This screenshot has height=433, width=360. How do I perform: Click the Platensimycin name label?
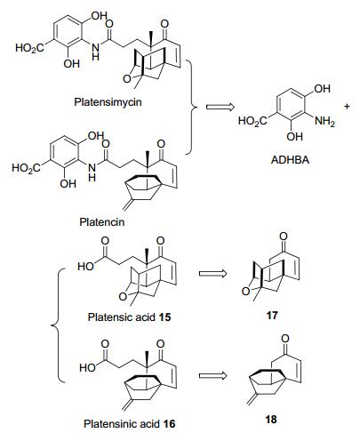[x=108, y=102]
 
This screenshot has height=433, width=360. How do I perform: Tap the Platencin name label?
[x=102, y=221]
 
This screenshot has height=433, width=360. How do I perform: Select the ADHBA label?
[x=290, y=160]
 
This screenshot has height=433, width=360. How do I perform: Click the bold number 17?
[x=272, y=315]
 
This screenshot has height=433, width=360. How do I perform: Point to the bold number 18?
[x=271, y=419]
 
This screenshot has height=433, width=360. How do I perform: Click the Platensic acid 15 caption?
[x=130, y=317]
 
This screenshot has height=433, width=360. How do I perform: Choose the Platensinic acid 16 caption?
[x=130, y=423]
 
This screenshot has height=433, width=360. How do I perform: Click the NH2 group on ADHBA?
[x=324, y=121]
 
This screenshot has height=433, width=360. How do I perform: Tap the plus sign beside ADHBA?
[x=347, y=106]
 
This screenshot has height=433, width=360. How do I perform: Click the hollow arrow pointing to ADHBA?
[x=220, y=107]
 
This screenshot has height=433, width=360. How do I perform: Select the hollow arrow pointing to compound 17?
[x=212, y=273]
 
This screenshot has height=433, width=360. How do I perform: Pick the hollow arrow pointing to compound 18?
[x=212, y=376]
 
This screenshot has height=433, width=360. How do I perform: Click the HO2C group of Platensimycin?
[x=29, y=48]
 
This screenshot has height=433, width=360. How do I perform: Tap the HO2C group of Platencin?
[x=26, y=168]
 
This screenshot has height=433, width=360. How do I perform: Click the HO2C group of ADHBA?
[x=252, y=121]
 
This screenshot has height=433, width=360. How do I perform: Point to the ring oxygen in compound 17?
[x=246, y=292]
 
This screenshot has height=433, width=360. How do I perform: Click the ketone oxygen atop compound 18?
[x=284, y=338]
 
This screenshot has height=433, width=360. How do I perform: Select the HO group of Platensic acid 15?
[x=85, y=267]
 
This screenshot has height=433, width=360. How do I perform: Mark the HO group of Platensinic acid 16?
[x=87, y=368]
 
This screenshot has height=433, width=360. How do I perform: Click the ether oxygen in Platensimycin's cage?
[x=127, y=79]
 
